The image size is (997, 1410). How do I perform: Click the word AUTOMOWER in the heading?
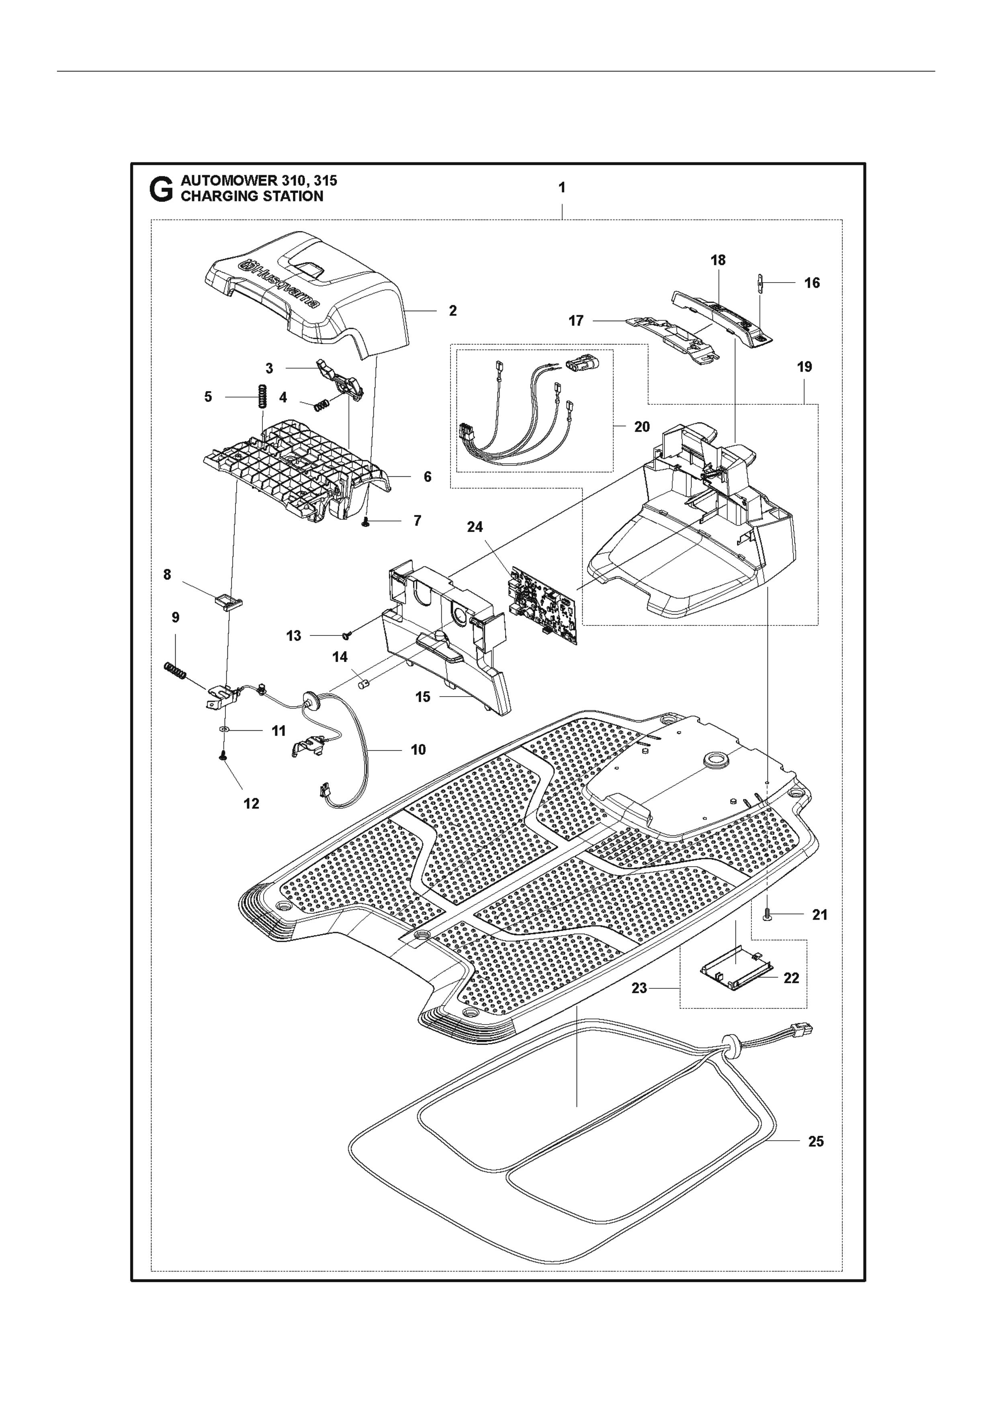[223, 181]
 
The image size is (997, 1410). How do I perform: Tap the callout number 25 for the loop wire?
[816, 1142]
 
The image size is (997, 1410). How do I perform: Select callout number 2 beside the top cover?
[453, 311]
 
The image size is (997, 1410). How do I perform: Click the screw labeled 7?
[366, 521]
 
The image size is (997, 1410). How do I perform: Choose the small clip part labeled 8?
[228, 600]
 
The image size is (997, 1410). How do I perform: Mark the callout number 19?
[804, 367]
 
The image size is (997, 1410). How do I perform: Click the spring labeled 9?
[176, 671]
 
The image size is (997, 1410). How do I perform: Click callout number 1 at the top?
[562, 188]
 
